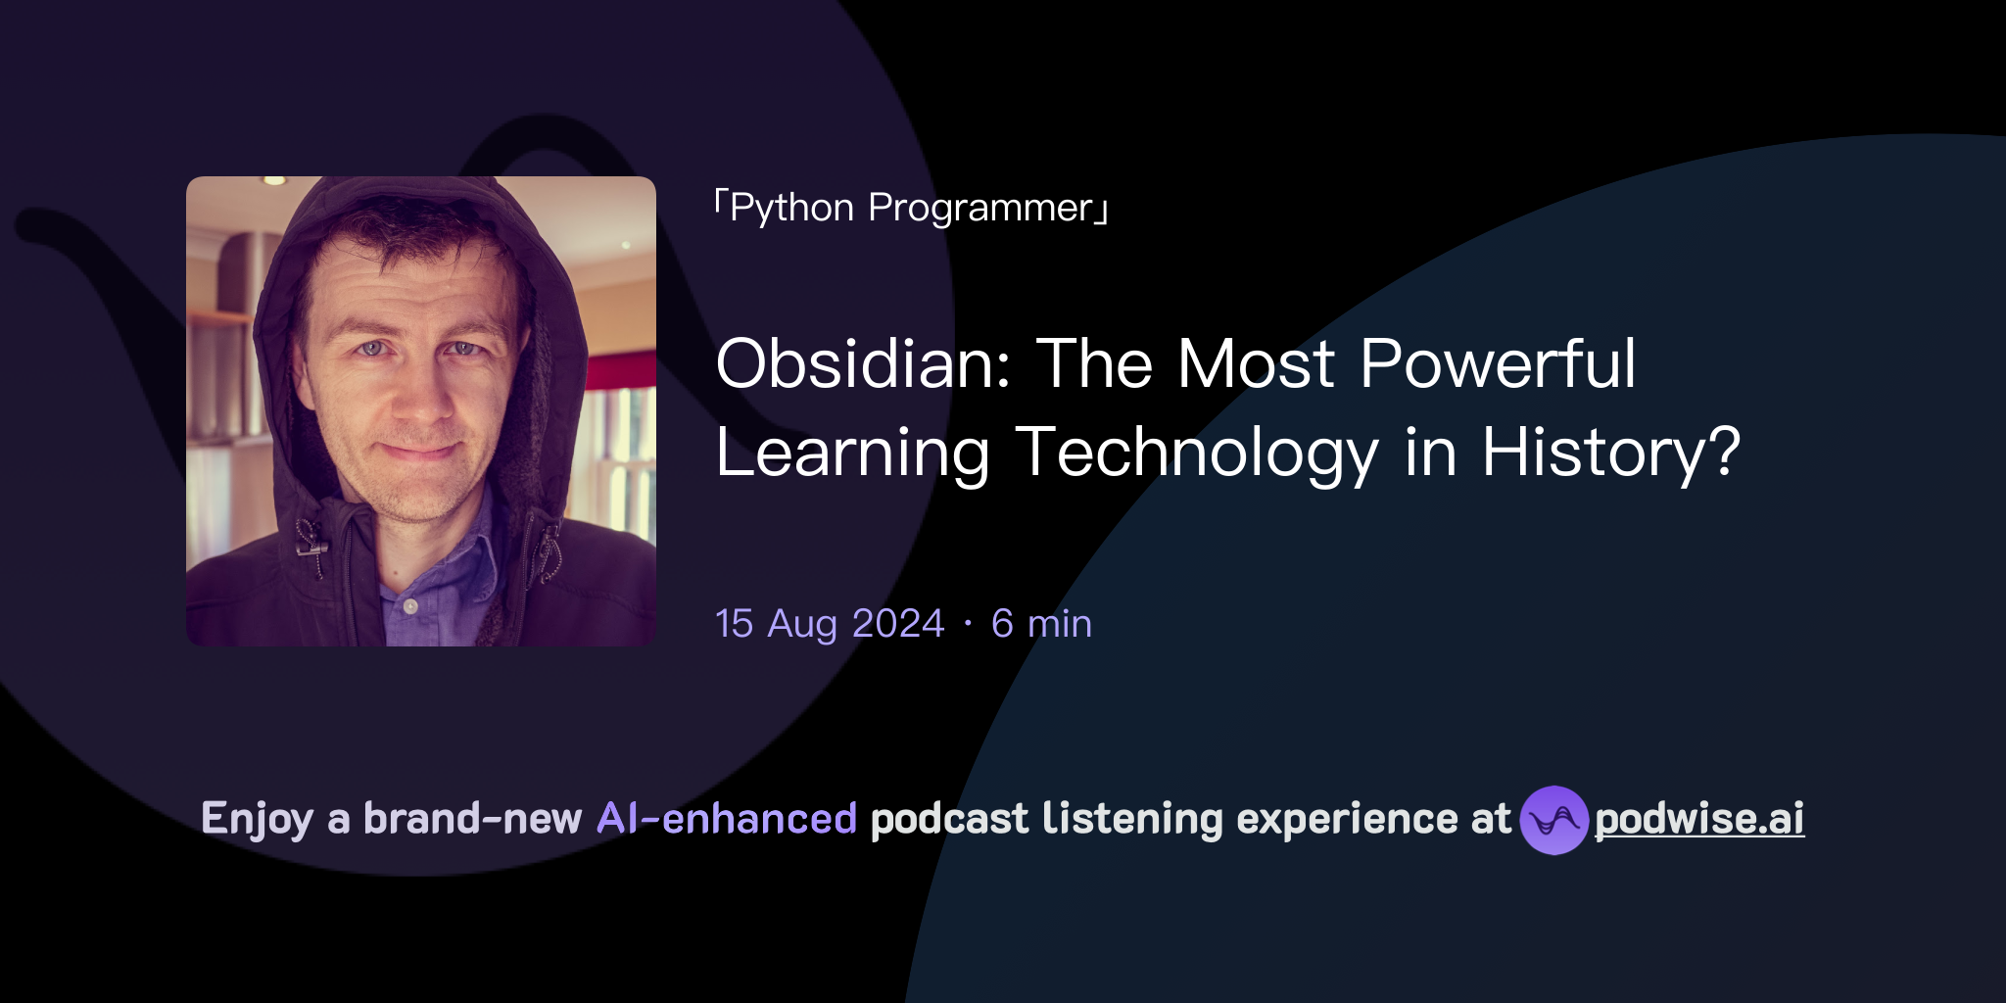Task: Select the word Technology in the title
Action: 1197,454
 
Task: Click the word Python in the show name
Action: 791,209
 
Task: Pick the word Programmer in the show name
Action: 980,209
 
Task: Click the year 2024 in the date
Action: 898,624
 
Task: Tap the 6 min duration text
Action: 1041,624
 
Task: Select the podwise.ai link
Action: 1699,819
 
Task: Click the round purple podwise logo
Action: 1553,820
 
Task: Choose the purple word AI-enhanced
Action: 727,819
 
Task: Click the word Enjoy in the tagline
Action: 257,819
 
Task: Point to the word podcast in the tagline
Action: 949,819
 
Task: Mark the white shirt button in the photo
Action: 411,606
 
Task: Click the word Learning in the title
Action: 852,454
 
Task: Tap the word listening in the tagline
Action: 1132,819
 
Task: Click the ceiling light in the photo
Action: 274,181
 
